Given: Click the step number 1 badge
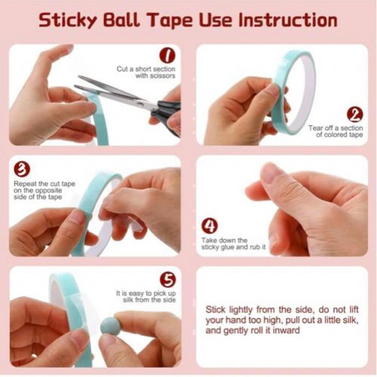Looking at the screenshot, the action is point(167,55).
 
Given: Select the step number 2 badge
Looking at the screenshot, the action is point(355,115).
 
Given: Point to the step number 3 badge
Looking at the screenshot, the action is point(22,169).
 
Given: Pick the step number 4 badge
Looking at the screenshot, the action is point(209,226).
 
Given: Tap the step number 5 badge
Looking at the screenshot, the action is point(168,280).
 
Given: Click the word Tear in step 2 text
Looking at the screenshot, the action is point(315,128).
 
